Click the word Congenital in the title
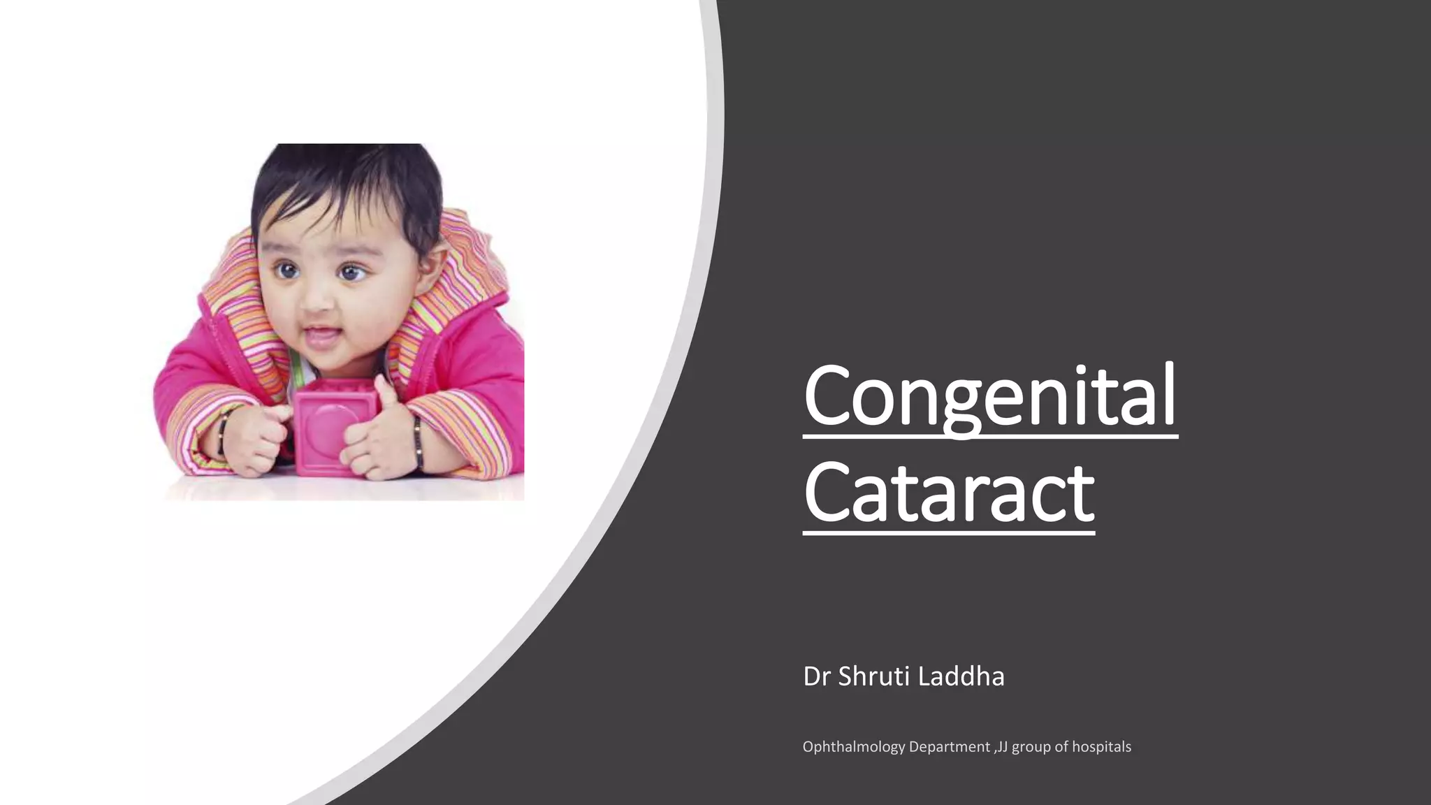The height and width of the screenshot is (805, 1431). click(989, 396)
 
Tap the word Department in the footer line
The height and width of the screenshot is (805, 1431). click(949, 747)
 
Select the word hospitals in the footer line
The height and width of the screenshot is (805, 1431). click(1101, 747)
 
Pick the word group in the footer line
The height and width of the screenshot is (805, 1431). click(1031, 747)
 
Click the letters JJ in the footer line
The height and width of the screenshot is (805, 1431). click(1003, 747)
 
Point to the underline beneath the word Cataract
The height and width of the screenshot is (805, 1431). click(948, 533)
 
